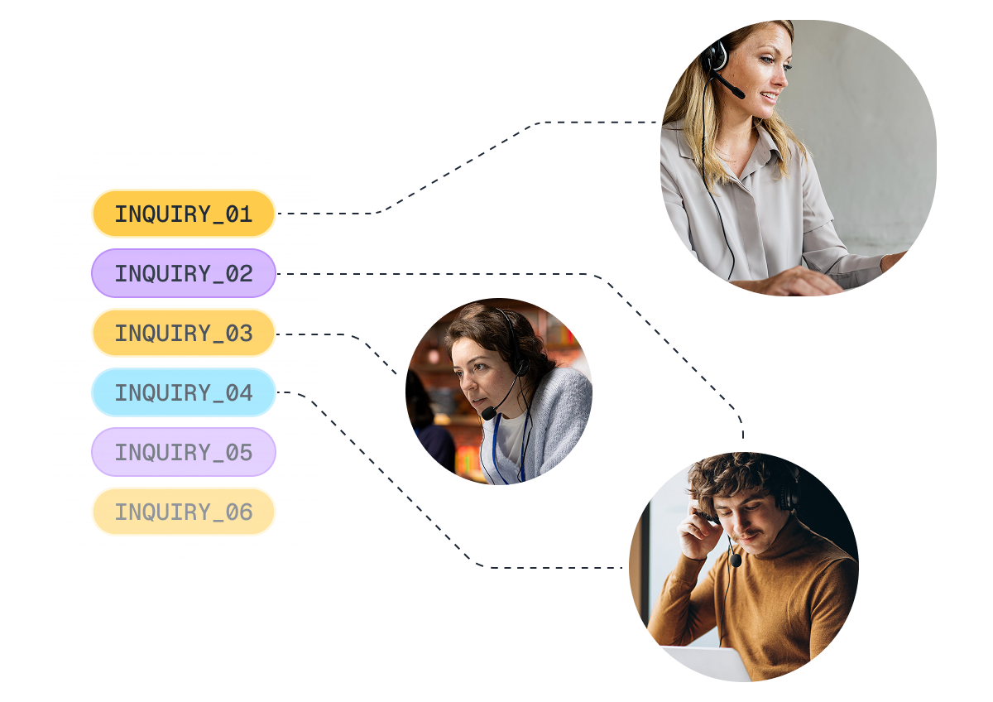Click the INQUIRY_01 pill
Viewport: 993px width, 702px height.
184,214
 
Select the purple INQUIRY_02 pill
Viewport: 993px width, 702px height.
184,273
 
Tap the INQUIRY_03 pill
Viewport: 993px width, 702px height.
184,333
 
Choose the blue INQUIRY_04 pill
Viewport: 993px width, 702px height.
184,392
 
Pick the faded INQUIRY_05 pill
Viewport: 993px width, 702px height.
184,452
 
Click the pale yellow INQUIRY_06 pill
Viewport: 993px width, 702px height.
184,512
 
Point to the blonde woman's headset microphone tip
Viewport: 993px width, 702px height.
738,93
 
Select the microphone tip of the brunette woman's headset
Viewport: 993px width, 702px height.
489,413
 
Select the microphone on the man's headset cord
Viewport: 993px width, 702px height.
736,560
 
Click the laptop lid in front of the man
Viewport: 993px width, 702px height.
705,663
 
